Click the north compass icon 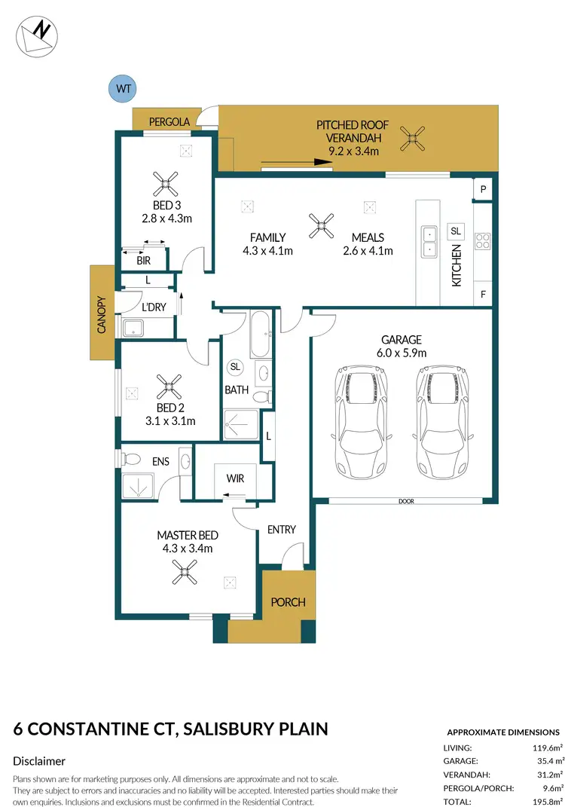[35, 35]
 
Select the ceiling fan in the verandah [412, 137]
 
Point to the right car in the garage [444, 417]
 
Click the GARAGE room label [401, 340]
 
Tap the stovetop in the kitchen [483, 242]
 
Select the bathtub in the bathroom [261, 334]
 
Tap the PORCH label [288, 602]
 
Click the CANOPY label [101, 313]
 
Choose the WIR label [235, 478]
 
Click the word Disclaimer [39, 761]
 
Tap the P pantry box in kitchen [482, 189]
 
